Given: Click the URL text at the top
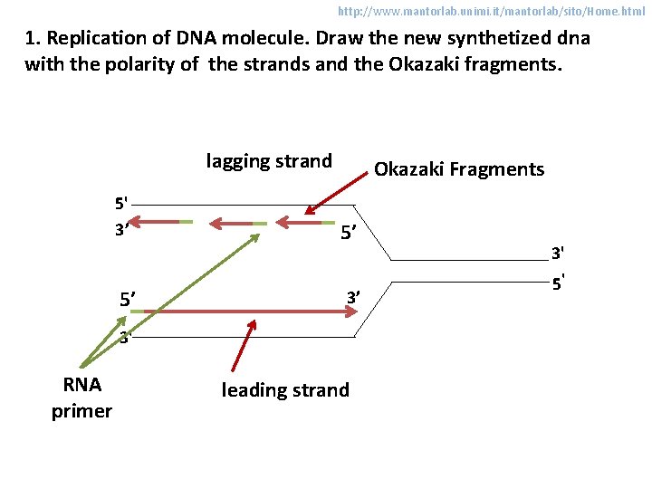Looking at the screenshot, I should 491,12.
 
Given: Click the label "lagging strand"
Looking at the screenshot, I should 269,162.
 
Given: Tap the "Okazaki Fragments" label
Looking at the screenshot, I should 459,169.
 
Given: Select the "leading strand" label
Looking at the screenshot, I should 285,390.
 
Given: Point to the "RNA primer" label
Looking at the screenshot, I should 81,397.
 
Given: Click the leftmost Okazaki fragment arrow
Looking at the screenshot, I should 156,221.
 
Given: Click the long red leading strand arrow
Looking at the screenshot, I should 254,312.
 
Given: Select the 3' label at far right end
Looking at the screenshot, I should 559,252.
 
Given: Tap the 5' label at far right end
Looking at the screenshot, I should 560,283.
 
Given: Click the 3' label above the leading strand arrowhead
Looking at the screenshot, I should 353,296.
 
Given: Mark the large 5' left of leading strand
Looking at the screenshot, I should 128,300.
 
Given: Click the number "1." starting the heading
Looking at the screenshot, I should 33,39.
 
